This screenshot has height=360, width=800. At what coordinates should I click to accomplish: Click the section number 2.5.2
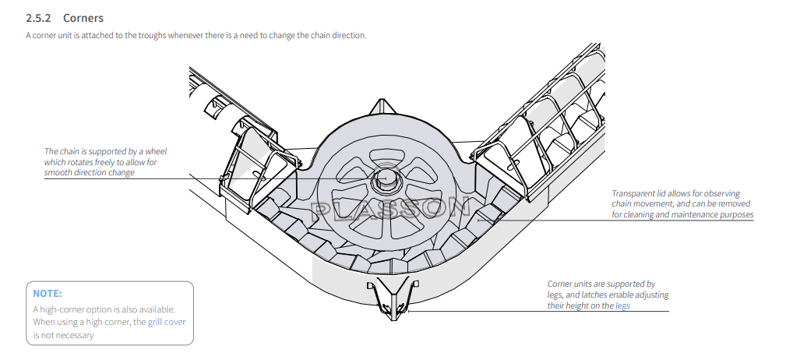39,18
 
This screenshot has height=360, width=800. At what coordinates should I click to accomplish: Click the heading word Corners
83,18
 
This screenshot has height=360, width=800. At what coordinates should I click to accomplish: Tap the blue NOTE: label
47,294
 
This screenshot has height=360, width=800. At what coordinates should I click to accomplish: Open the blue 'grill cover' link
167,323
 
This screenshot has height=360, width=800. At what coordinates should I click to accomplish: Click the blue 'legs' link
622,305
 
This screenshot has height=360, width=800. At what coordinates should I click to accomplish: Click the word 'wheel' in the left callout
156,151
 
